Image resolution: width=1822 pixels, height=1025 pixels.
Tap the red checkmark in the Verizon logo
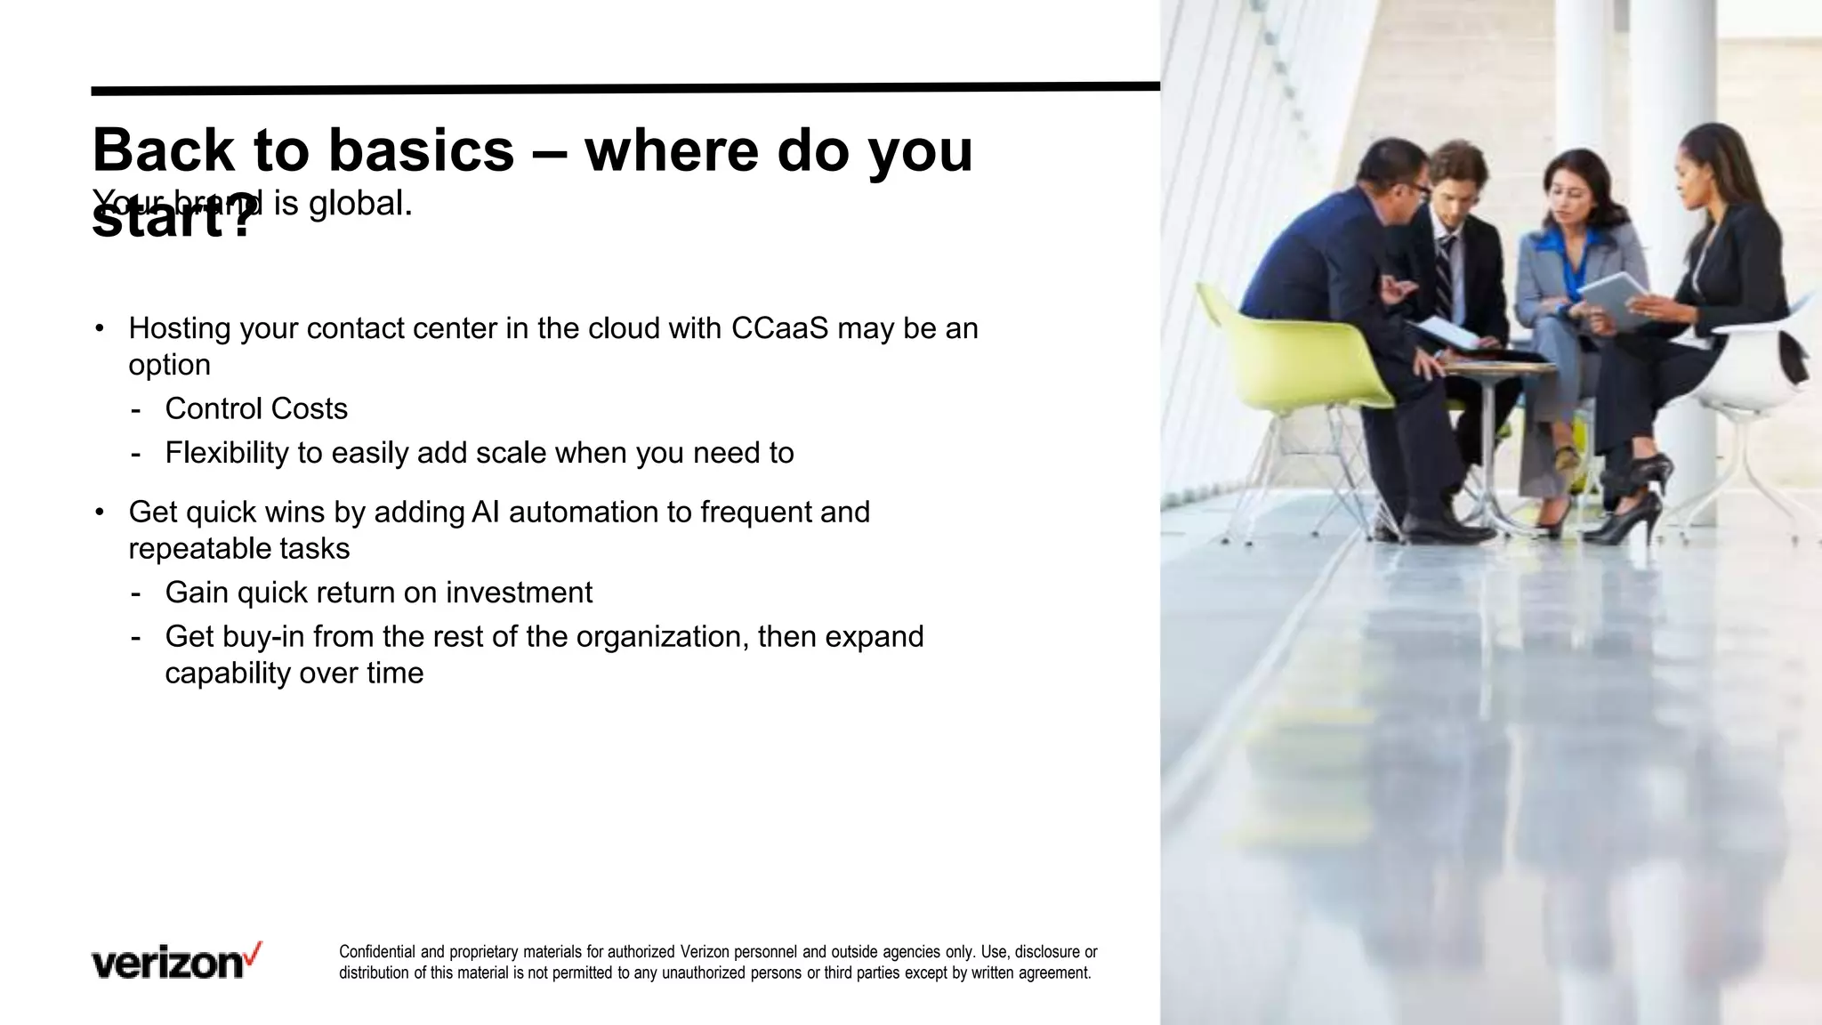pos(254,953)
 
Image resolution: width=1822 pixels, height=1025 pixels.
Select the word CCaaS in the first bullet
pos(779,328)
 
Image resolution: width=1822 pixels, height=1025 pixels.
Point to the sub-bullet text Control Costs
pos(256,408)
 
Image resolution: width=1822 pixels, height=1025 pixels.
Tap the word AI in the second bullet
pos(486,512)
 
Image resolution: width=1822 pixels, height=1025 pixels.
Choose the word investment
pos(519,593)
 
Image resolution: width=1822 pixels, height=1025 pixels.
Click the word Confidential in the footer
pos(377,952)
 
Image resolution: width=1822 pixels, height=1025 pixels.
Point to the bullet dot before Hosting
pos(100,329)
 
